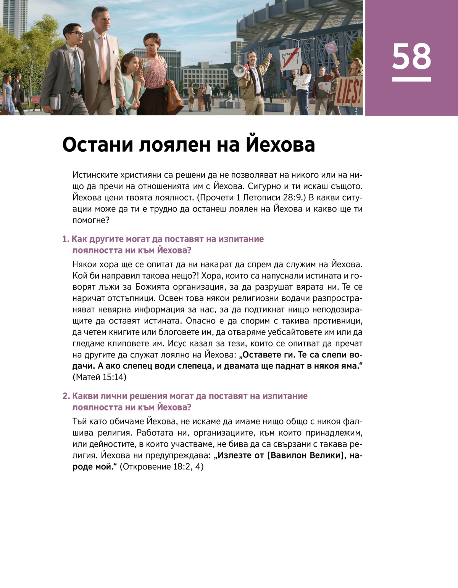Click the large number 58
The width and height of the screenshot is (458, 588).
[x=411, y=56]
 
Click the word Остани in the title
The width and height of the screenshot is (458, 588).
[x=97, y=145]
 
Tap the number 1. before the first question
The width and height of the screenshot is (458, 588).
[x=66, y=239]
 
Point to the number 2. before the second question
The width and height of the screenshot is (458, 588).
[x=66, y=396]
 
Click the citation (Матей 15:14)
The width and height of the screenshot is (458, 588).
[x=99, y=377]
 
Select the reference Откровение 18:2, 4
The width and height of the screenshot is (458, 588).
[x=162, y=467]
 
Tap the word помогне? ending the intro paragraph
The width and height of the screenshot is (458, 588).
[x=91, y=220]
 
